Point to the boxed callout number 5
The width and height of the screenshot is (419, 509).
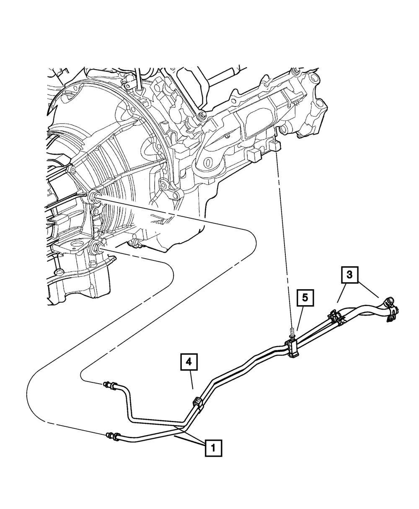pos(305,298)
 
